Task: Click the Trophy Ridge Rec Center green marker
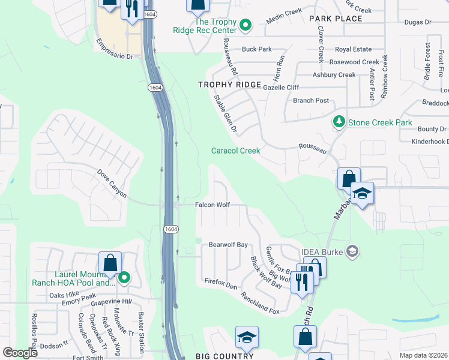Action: coord(245,25)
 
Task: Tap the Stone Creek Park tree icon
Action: coord(339,122)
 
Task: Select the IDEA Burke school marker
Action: coord(353,251)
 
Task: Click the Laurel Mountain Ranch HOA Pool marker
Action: coord(124,277)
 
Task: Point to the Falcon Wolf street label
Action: coord(212,205)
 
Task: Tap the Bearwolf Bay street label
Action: coord(228,245)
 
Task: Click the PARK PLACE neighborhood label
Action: coord(336,19)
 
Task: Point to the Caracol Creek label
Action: coord(235,151)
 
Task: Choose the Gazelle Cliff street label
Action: coord(281,87)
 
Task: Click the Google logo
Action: coord(20,353)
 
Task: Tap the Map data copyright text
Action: coord(423,355)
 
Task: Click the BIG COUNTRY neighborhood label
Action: coord(224,356)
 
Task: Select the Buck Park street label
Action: coord(257,49)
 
